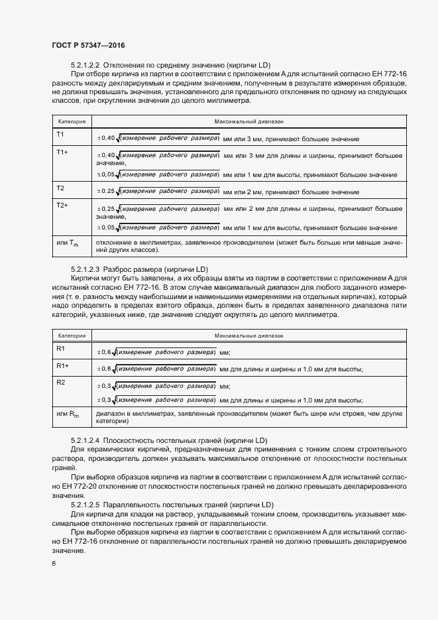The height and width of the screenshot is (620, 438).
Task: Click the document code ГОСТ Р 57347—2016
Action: (x=88, y=45)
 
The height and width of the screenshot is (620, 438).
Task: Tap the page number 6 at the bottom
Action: (x=54, y=564)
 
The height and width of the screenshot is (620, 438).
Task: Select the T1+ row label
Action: (x=63, y=152)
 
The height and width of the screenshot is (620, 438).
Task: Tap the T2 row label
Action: (x=60, y=188)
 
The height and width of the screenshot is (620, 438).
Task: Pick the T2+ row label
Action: (x=63, y=205)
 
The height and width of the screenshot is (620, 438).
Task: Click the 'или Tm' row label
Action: (x=68, y=243)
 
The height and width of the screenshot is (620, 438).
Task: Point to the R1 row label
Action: (x=61, y=348)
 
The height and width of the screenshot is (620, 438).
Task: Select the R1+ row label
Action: (x=64, y=365)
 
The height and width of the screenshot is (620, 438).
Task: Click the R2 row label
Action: (x=61, y=382)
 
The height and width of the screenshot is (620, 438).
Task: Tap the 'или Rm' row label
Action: (x=68, y=414)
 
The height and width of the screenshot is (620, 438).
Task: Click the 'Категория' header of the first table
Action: (x=72, y=122)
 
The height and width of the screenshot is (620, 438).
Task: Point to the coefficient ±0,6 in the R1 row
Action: (x=104, y=352)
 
